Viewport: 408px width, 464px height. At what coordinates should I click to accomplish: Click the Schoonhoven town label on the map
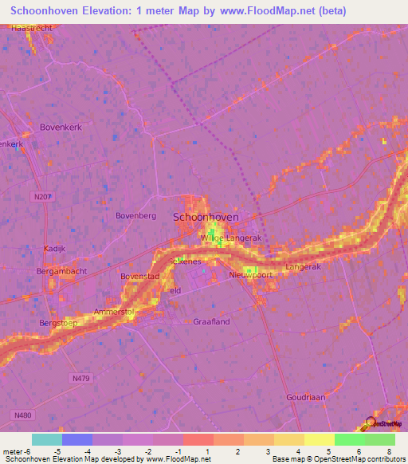[x=207, y=216]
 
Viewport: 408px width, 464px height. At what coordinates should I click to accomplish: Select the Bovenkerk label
[x=62, y=127]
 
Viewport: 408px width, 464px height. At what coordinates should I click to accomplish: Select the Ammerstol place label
[x=112, y=310]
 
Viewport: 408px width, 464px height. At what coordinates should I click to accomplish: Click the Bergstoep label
[x=58, y=323]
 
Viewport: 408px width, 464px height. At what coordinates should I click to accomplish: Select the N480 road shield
[x=24, y=415]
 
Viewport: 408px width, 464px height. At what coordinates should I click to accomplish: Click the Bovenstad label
[x=140, y=276]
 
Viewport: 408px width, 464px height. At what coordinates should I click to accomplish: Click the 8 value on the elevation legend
[x=390, y=450]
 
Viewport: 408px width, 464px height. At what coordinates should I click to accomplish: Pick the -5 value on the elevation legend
[x=65, y=450]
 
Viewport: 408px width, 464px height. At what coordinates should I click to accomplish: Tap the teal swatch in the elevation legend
[x=47, y=439]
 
